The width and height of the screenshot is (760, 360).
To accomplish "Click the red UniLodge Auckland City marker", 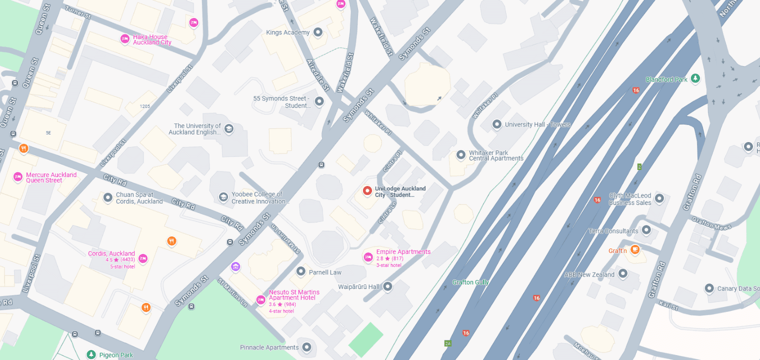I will pyautogui.click(x=367, y=190).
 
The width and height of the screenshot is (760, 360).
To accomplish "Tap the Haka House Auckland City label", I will pyautogui.click(x=152, y=40).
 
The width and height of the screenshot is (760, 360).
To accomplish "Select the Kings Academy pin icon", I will pyautogui.click(x=318, y=32).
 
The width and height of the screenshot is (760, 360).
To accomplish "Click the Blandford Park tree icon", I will pyautogui.click(x=695, y=78).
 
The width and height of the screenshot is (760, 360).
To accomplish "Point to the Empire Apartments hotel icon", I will pyautogui.click(x=368, y=257).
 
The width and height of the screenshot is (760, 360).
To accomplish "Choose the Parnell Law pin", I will pyautogui.click(x=301, y=271).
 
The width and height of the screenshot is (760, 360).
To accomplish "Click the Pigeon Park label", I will pyautogui.click(x=116, y=355).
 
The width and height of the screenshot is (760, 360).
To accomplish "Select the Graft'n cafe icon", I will pyautogui.click(x=634, y=249).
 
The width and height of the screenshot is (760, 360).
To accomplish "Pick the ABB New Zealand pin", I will pyautogui.click(x=623, y=273).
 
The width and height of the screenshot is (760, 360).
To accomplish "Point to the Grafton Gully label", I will pyautogui.click(x=470, y=282).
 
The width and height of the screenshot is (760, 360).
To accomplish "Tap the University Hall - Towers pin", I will pyautogui.click(x=497, y=124).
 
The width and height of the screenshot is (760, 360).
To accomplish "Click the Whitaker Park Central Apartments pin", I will pyautogui.click(x=461, y=155).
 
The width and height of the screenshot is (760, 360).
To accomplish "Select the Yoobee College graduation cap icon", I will pyautogui.click(x=223, y=197).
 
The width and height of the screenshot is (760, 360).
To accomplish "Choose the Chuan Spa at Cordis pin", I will pyautogui.click(x=107, y=197).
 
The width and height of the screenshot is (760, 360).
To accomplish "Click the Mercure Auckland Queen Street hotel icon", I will pyautogui.click(x=18, y=176).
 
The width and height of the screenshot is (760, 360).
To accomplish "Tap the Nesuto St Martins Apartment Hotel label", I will pyautogui.click(x=294, y=295).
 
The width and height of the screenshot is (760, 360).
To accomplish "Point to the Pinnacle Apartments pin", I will pyautogui.click(x=306, y=347).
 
